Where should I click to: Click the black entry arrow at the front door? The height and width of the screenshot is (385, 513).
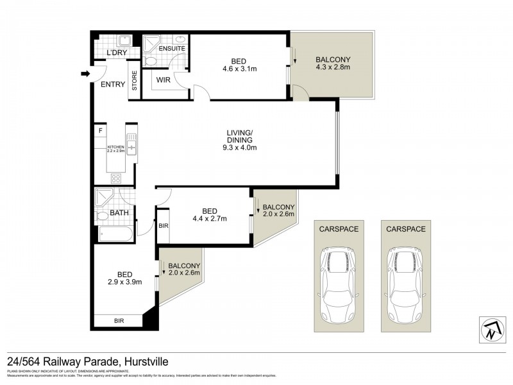click(x=84, y=74)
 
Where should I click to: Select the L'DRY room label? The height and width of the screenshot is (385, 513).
click(x=117, y=52)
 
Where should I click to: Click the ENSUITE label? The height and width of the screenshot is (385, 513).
click(x=172, y=48)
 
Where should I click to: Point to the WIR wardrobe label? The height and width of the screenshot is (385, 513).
click(x=163, y=80)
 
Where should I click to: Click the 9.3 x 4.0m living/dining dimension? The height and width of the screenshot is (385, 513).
click(x=239, y=148)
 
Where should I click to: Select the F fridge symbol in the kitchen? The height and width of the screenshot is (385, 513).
click(x=101, y=132)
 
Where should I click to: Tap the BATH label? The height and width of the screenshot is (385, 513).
click(x=119, y=212)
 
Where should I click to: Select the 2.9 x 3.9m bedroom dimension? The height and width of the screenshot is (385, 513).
click(x=124, y=281)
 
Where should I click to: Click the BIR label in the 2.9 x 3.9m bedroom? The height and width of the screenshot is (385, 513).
click(x=119, y=320)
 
